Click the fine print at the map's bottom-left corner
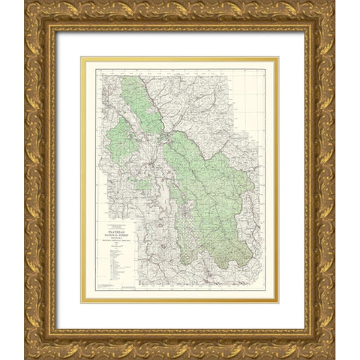[109, 288]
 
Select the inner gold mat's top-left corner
[82, 59]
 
